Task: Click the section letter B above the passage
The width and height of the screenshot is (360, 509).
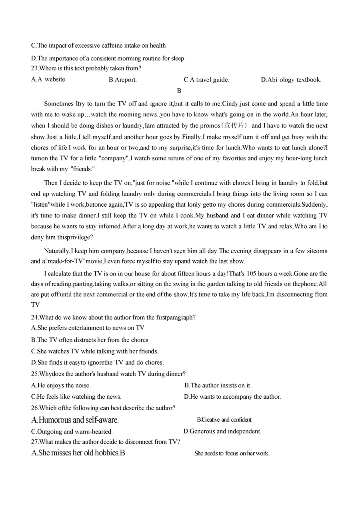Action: (x=179, y=91)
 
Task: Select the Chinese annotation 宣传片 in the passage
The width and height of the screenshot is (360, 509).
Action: (x=234, y=126)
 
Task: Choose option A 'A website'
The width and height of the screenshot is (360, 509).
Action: (x=48, y=79)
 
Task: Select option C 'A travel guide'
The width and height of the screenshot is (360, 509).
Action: (x=206, y=80)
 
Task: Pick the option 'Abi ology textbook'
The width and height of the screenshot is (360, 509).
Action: (x=291, y=80)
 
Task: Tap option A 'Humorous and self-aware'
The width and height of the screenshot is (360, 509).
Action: (x=75, y=420)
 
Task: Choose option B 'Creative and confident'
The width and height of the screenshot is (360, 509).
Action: (x=224, y=420)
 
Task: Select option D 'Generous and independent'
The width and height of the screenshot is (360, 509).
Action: (x=222, y=431)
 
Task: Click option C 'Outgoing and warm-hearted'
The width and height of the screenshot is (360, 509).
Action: (x=71, y=431)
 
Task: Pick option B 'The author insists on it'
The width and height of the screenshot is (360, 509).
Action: (x=218, y=385)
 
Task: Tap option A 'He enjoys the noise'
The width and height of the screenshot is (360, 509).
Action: (x=61, y=385)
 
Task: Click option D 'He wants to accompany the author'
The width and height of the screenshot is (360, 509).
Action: (x=232, y=397)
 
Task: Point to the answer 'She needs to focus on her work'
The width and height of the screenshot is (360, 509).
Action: (x=232, y=453)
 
